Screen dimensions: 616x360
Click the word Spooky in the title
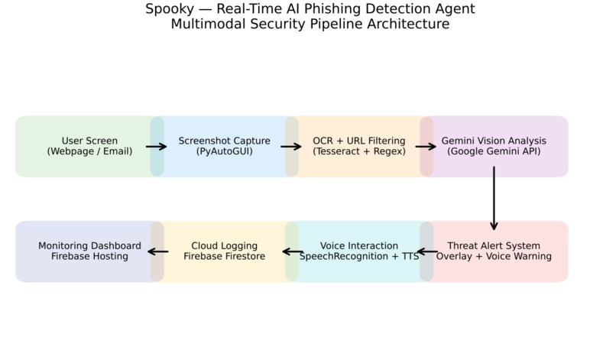tap(170, 9)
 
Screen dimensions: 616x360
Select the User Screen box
tap(89, 146)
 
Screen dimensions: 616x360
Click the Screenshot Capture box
tap(225, 146)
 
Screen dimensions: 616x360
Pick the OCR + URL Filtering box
tap(359, 146)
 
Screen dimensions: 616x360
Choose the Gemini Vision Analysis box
tap(494, 146)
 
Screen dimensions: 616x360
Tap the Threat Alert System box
tap(494, 251)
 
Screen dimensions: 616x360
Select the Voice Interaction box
tap(359, 251)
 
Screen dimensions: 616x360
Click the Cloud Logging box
tap(225, 251)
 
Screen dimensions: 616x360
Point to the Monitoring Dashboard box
tap(89, 251)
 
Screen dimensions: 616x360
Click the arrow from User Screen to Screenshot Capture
tap(157, 147)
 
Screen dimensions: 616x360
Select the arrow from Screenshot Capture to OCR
tap(291, 147)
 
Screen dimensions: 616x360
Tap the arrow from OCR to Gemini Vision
tap(426, 147)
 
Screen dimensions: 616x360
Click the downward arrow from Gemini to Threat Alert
tap(494, 199)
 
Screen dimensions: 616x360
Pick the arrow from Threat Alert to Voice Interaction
tap(427, 251)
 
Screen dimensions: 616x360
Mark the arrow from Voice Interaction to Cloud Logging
tap(293, 251)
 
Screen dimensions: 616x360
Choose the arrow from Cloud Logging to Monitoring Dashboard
tap(158, 251)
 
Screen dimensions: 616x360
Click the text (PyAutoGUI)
tap(225, 151)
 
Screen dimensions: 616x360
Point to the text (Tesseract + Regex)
tap(359, 151)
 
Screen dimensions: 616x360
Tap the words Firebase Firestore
tap(225, 256)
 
